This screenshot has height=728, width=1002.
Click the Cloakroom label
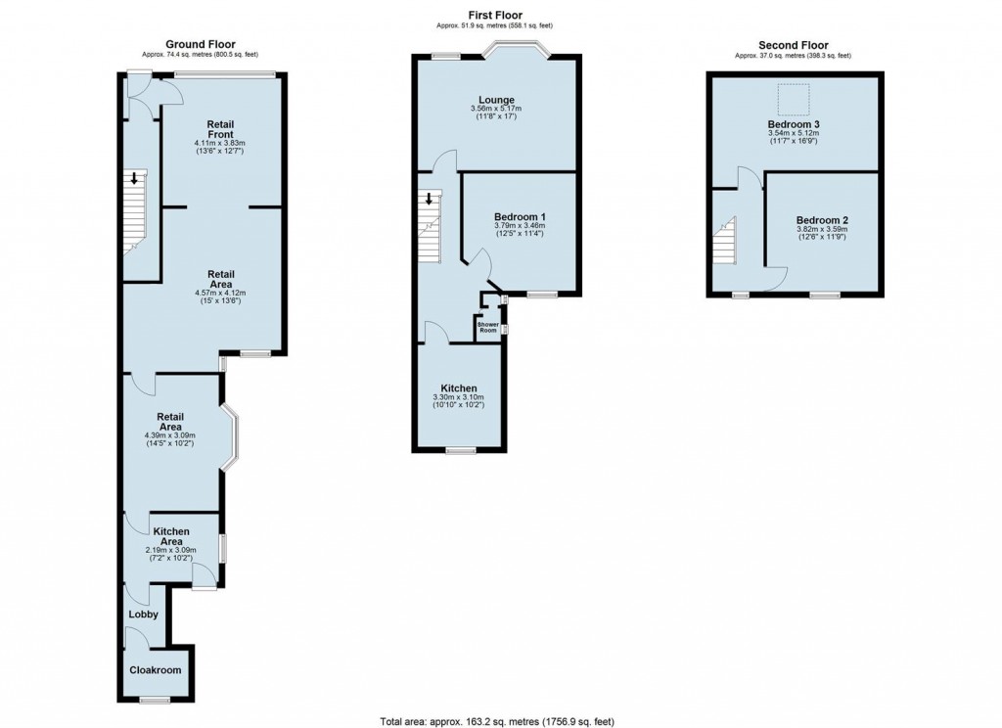(x=156, y=670)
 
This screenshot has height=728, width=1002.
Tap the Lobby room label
(x=143, y=614)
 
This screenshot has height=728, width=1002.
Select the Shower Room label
(x=488, y=327)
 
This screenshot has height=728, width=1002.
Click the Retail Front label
(x=220, y=129)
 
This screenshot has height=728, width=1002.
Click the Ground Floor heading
(x=201, y=44)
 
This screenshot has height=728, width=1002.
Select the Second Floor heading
(x=793, y=45)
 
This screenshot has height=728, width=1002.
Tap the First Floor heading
(x=495, y=15)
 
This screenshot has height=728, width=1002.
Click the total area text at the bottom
(x=497, y=721)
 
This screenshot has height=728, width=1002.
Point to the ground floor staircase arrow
(x=134, y=178)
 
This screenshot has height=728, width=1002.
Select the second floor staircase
(x=725, y=241)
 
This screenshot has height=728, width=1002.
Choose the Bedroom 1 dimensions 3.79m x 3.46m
(x=520, y=226)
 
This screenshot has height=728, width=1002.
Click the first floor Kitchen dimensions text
(x=458, y=401)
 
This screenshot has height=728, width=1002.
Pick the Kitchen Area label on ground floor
(x=171, y=536)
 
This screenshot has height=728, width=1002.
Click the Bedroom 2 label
(x=822, y=220)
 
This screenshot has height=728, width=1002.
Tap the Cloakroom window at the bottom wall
(x=155, y=701)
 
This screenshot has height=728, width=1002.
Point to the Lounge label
(x=496, y=100)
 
